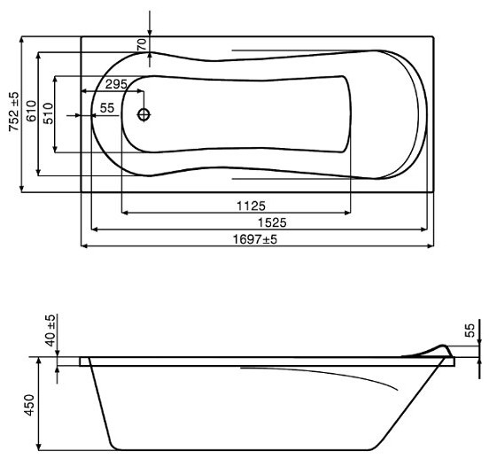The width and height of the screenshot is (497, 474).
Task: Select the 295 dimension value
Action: click(x=115, y=84)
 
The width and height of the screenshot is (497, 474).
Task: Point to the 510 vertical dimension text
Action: click(x=50, y=113)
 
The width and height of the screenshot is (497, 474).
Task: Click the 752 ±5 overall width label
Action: click(x=14, y=113)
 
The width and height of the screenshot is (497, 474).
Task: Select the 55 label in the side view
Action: click(x=470, y=330)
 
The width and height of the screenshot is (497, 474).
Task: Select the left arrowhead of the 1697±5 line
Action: click(x=84, y=246)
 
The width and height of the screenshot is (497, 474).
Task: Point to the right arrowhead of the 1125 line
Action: click(x=349, y=213)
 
